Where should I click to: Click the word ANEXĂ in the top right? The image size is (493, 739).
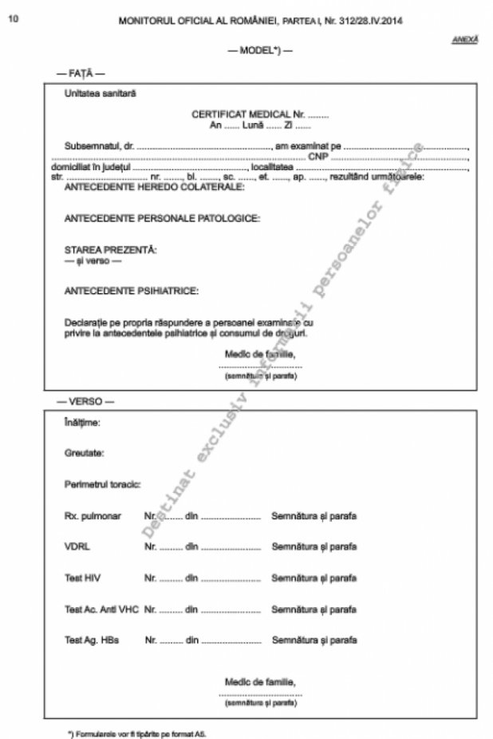click(465, 38)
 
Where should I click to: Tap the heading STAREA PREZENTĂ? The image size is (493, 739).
click(110, 250)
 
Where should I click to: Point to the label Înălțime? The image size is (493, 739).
click(82, 422)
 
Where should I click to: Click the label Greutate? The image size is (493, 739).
click(84, 453)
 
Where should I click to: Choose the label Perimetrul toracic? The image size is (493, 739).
click(102, 484)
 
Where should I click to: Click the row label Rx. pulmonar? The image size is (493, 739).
click(93, 515)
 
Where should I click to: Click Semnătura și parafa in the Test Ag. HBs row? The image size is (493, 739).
click(314, 639)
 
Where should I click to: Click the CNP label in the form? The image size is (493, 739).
click(318, 157)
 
